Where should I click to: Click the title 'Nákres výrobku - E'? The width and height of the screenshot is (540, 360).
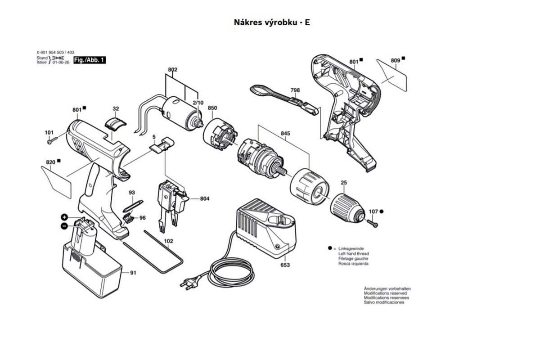coord(272,22)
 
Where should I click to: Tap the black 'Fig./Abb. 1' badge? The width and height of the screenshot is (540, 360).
coord(89,60)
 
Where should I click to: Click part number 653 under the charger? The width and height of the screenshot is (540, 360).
coord(285,265)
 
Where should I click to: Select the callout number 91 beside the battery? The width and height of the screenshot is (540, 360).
coord(133,273)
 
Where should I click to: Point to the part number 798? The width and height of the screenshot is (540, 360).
coord(295,90)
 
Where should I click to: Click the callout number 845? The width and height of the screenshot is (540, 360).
coord(285,134)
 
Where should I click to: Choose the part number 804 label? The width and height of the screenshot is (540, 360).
coord(205,198)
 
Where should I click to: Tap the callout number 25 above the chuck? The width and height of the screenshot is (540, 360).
coord(344,183)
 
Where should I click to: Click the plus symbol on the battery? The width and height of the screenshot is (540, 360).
coord(64,217)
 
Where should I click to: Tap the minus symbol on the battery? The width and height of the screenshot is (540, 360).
coord(64,225)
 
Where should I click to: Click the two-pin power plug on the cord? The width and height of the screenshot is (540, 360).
coord(189,283)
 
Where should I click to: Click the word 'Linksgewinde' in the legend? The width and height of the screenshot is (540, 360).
coord(351,248)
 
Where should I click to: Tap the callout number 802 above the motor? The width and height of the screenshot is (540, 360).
coord(173,70)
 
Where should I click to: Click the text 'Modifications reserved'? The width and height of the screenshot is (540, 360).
coord(385,293)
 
